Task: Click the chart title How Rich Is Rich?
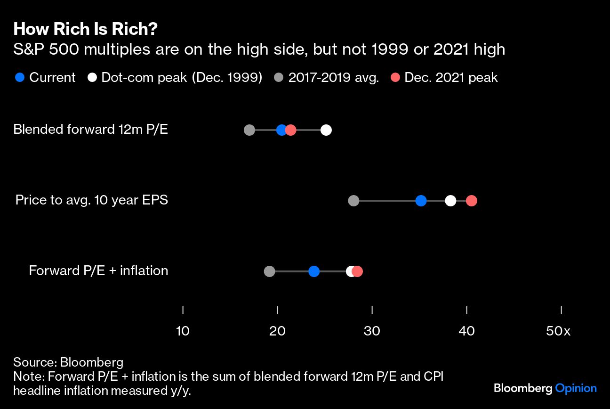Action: (x=85, y=29)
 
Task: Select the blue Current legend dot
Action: (x=20, y=78)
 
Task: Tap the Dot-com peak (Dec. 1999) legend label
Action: (x=182, y=78)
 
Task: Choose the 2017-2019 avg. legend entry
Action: (x=333, y=78)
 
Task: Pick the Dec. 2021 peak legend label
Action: (x=451, y=78)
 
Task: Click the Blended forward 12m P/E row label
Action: (x=90, y=129)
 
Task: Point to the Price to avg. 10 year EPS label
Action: (x=91, y=200)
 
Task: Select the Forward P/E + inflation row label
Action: (x=98, y=270)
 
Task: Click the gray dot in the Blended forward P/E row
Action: (x=249, y=130)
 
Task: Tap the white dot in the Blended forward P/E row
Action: (x=326, y=130)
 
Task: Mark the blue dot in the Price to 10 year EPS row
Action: (x=421, y=201)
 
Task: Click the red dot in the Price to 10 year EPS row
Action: (x=472, y=201)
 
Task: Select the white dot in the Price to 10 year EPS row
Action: (x=450, y=201)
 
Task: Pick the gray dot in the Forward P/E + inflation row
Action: (x=269, y=271)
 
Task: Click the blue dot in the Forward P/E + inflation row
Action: (x=314, y=271)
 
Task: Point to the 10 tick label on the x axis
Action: (x=183, y=331)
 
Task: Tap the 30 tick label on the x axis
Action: (x=372, y=331)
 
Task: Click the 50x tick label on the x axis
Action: (x=558, y=331)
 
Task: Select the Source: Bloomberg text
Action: (x=68, y=362)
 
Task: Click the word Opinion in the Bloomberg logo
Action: (x=576, y=388)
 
